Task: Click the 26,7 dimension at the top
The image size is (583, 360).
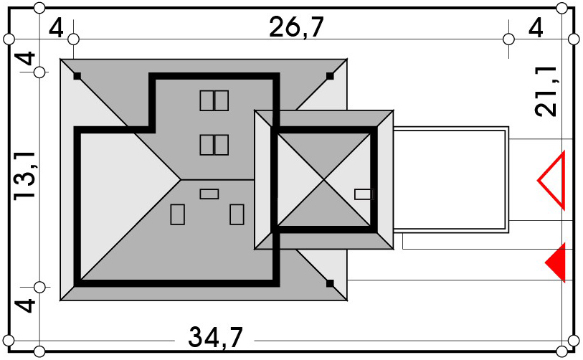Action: pyautogui.click(x=296, y=27)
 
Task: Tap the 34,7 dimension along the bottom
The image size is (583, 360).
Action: pyautogui.click(x=215, y=337)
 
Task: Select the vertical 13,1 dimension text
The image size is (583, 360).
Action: pyautogui.click(x=25, y=176)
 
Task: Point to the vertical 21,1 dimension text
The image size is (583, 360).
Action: pyautogui.click(x=546, y=92)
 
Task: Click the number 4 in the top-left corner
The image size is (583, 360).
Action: pyautogui.click(x=56, y=28)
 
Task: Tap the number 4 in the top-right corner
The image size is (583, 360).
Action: pyautogui.click(x=536, y=28)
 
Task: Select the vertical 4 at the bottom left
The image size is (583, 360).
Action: pyautogui.click(x=25, y=305)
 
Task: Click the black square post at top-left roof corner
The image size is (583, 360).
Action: pyautogui.click(x=77, y=76)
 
